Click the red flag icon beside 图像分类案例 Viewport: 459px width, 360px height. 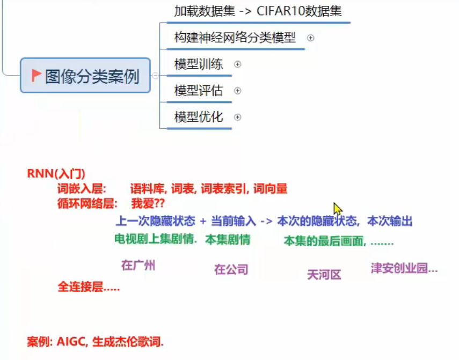coord(37,76)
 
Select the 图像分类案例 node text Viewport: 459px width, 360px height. coord(92,77)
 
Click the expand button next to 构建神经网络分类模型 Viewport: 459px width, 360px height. coord(310,38)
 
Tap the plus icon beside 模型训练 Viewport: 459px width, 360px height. coord(238,64)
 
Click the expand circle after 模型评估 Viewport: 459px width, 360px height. coord(238,91)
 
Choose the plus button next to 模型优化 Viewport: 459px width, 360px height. coord(238,117)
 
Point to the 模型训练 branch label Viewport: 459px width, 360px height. coord(199,64)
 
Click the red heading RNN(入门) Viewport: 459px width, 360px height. coord(56,174)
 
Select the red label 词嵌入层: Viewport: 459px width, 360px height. coord(82,189)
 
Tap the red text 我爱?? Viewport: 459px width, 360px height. coord(148,204)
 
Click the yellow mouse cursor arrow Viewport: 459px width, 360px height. coord(337,209)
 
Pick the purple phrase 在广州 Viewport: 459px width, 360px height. coord(138,265)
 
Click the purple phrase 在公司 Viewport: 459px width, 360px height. coord(231,269)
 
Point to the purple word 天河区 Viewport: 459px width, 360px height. coord(324,275)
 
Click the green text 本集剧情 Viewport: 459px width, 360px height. coord(228,240)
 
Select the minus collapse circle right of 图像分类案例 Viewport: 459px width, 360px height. coord(155,76)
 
